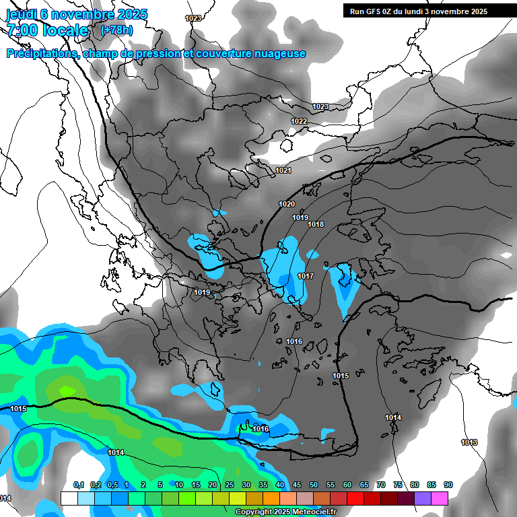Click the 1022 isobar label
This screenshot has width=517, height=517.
(299, 121)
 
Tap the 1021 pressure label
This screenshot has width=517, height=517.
(283, 171)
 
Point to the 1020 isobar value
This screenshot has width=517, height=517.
(287, 204)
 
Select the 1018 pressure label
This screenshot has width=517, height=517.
(316, 224)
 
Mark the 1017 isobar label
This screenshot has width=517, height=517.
(306, 277)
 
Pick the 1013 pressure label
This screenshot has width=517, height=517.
(469, 442)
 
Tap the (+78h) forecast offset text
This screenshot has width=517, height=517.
(116, 30)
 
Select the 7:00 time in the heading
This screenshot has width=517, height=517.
(24, 30)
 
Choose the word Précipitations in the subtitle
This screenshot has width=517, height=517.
(42, 54)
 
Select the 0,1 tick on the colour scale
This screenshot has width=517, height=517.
(78, 485)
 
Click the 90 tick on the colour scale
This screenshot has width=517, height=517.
(448, 485)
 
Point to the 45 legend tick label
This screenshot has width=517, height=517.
(297, 485)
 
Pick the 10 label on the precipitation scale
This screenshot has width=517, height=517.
(179, 485)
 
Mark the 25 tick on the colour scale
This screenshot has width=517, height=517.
(230, 485)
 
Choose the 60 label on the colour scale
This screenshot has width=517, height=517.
(347, 485)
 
